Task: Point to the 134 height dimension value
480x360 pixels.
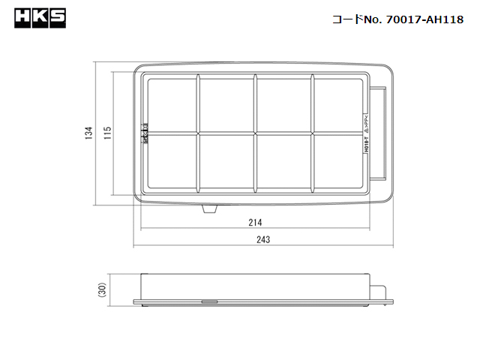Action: point(88,133)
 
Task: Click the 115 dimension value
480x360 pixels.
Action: point(107,133)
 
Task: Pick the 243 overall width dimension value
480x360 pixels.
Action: point(262,240)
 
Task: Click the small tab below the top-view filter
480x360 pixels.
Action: point(211,209)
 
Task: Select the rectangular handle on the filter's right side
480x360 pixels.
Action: point(381,133)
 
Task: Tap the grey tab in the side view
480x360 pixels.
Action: point(210,302)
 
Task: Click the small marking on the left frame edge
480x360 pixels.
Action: point(145,133)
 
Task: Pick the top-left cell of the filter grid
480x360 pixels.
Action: point(172,104)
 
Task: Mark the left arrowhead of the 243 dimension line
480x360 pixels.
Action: point(134,246)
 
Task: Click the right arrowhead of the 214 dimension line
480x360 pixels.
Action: point(370,229)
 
